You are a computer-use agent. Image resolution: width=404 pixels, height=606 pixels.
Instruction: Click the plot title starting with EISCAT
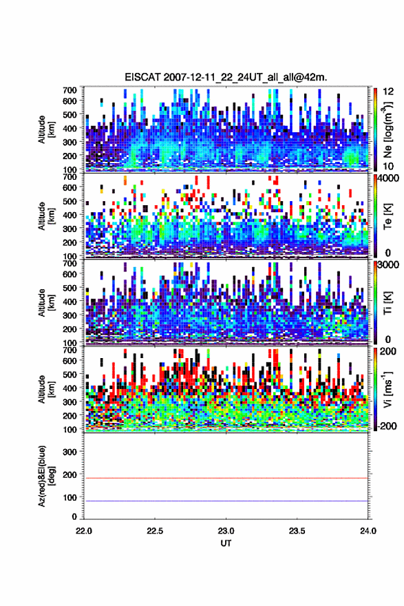click(226, 77)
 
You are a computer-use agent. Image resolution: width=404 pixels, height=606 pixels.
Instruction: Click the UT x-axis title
click(226, 543)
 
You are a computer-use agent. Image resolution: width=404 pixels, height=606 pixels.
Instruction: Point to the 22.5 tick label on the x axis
click(155, 531)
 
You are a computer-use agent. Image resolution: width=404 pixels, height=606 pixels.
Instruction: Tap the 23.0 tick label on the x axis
click(226, 531)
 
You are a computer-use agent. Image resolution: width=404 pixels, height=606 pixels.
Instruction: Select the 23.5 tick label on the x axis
click(297, 531)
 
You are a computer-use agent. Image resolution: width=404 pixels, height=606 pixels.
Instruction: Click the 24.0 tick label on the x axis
click(368, 531)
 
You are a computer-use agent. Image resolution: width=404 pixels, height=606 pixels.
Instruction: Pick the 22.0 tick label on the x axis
click(84, 531)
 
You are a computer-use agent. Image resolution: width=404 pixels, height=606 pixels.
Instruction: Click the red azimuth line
click(226, 478)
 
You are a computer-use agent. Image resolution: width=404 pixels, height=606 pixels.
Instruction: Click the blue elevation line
click(226, 501)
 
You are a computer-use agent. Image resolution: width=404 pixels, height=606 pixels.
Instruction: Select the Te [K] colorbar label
click(387, 217)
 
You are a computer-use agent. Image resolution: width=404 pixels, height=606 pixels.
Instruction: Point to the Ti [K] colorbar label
click(387, 303)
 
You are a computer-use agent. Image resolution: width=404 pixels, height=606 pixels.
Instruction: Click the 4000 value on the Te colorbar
click(389, 178)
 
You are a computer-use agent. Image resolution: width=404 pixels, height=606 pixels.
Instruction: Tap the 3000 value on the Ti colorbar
click(389, 264)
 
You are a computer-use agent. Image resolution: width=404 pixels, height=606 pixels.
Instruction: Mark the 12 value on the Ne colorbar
click(389, 92)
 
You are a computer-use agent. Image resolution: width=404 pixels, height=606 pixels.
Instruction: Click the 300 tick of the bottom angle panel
click(70, 452)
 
